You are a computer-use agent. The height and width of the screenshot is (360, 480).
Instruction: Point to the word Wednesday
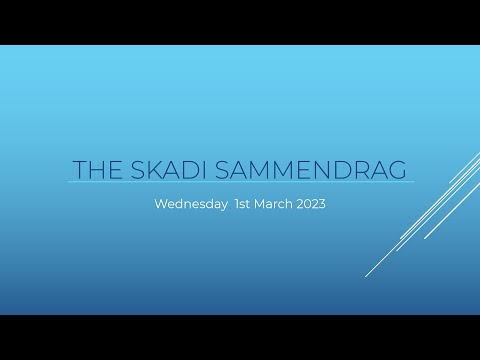tap(191, 204)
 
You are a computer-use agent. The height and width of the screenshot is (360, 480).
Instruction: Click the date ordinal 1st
tap(245, 204)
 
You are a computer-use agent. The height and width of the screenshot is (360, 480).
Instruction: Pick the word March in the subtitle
tap(278, 204)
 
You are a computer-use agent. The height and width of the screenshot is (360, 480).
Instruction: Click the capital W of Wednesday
tap(161, 204)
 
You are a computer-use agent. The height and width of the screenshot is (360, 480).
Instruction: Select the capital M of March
tap(265, 204)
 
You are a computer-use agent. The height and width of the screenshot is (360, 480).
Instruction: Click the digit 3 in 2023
tap(322, 204)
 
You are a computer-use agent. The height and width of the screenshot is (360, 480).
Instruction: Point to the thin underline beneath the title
tap(240, 182)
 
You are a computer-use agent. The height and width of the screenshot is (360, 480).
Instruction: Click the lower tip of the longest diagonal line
tap(366, 276)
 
